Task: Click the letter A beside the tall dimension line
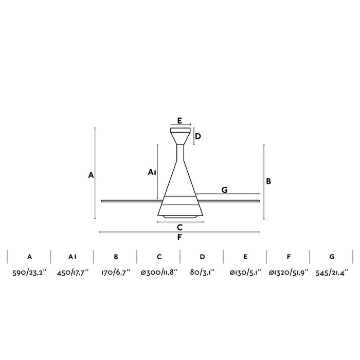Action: point(91,175)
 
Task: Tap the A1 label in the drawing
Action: point(152,172)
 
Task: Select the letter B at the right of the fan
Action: point(268,182)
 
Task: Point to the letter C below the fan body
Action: point(180,227)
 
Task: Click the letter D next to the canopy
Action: point(197,136)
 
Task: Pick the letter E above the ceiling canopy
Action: point(179,120)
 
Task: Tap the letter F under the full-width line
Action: point(179,238)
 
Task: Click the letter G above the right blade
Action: point(225,190)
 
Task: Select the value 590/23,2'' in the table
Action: point(29,273)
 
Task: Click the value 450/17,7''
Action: point(73,273)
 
